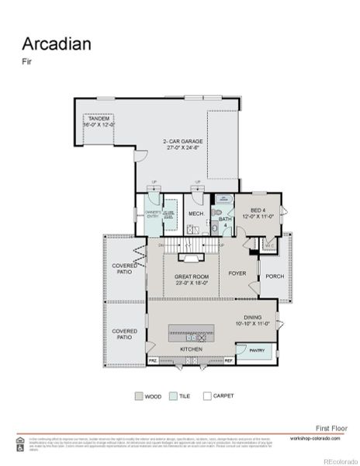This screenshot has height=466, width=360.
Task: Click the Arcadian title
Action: tap(56, 43)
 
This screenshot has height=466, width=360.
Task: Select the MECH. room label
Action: tap(196, 214)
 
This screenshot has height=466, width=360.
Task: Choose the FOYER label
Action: tap(237, 273)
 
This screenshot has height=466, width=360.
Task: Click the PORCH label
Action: tap(275, 276)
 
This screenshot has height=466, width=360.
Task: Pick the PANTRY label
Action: tap(257, 351)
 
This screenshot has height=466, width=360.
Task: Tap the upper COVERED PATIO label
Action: tap(125, 268)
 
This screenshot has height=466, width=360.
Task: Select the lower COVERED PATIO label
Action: tap(125, 334)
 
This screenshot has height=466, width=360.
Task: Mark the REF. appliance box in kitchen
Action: tap(229, 361)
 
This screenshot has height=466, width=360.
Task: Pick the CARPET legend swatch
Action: tap(206, 395)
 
